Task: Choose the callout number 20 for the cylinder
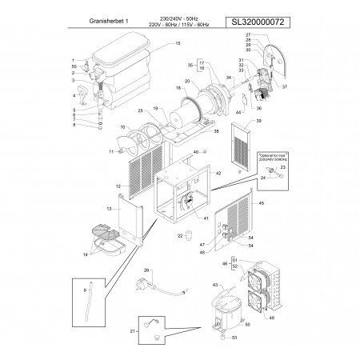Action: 186,82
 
